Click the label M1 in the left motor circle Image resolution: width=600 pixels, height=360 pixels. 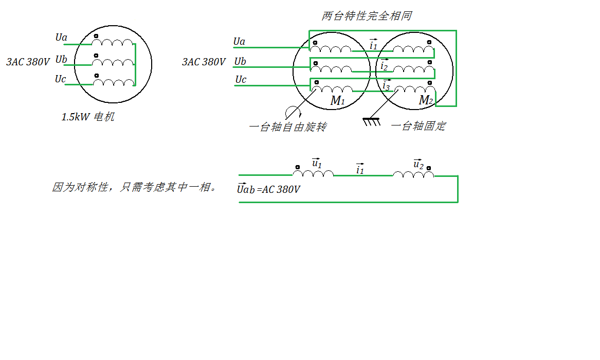coord(337,101)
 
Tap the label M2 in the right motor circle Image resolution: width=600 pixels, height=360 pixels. coord(426,100)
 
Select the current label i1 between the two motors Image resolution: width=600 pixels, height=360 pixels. coord(373,45)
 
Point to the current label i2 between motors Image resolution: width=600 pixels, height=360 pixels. coord(384,66)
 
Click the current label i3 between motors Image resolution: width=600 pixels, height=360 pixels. coord(386,85)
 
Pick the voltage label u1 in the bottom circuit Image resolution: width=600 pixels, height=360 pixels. coord(317,164)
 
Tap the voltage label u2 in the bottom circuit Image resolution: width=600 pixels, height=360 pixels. coord(418,164)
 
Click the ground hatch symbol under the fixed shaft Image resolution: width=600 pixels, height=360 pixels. coord(371,122)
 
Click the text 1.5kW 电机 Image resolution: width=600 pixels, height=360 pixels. coord(88,117)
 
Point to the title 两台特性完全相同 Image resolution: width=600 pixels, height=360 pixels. coord(367,16)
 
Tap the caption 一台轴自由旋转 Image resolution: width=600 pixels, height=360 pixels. coord(287,127)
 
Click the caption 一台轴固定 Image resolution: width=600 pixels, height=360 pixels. coord(418,126)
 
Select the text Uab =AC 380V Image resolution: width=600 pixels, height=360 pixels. coord(268,189)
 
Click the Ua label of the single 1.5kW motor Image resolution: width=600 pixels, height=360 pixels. coord(61,38)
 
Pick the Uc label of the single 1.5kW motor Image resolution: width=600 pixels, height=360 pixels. coord(60,79)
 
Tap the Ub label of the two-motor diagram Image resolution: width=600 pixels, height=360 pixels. coord(240,62)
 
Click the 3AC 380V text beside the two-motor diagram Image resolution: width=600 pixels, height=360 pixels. coord(204,62)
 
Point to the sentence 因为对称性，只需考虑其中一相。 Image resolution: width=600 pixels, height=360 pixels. coord(134,187)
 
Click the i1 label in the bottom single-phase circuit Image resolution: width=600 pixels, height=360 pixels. coord(360,169)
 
